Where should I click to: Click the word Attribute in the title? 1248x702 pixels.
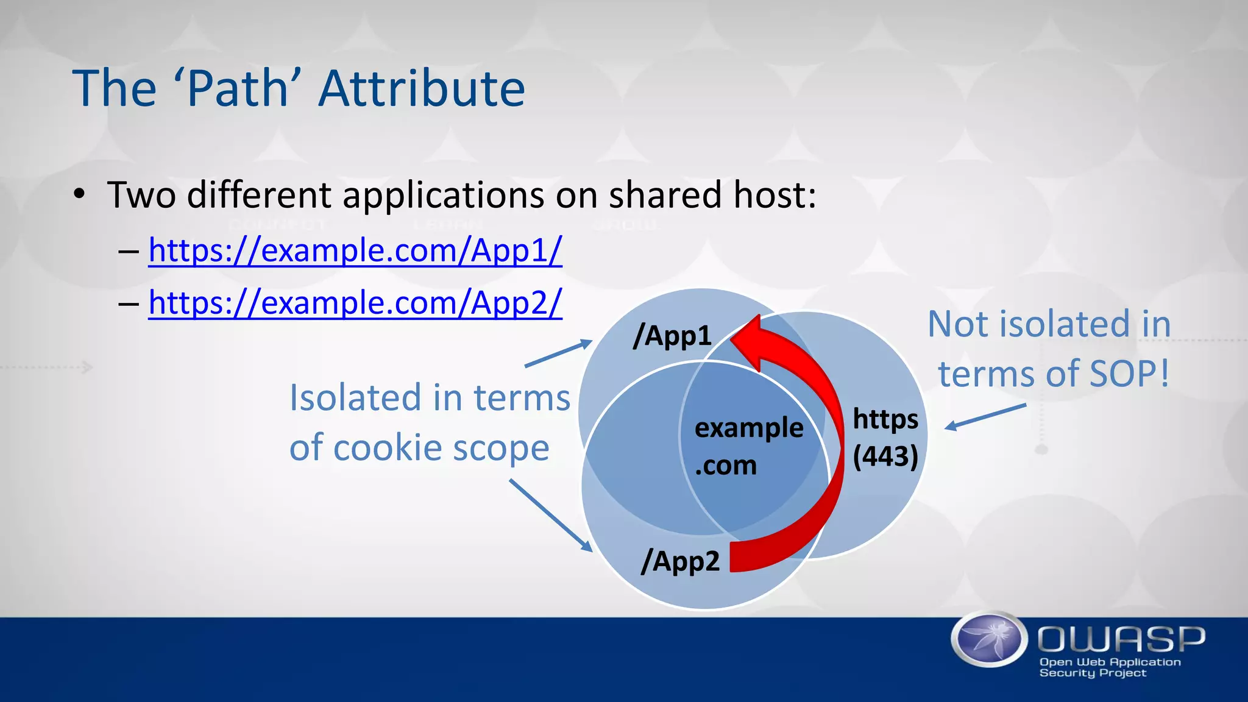point(422,89)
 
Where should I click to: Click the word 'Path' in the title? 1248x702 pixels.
point(236,89)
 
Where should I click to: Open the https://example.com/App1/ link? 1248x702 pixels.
point(355,250)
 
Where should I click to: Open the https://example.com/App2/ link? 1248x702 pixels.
point(355,303)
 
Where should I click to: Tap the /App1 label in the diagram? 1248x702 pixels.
point(672,336)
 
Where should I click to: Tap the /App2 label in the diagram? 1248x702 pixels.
point(681,561)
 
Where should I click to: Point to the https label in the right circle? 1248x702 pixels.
point(885,419)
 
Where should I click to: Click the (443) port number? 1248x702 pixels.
point(885,456)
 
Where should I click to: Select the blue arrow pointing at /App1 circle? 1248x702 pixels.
point(558,353)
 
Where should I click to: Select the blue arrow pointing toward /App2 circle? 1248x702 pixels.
point(550,515)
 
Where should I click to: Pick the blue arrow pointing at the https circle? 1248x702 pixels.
point(985,417)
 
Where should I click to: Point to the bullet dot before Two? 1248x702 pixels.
point(79,195)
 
